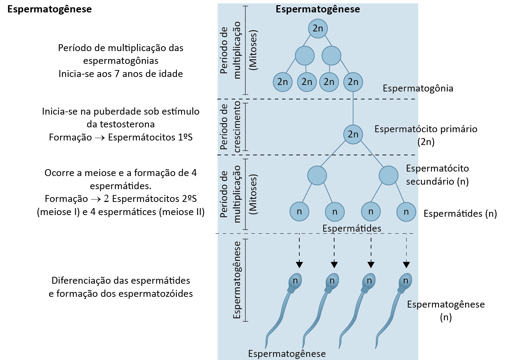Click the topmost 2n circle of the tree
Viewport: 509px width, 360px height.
318,28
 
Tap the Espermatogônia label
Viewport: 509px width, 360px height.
418,88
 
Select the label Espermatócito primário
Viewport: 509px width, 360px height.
426,129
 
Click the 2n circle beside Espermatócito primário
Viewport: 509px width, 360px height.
353,134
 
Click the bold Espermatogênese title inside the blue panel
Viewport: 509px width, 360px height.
318,9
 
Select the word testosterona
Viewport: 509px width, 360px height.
121,124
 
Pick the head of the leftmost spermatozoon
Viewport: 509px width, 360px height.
295,281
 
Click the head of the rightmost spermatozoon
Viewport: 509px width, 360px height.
406,281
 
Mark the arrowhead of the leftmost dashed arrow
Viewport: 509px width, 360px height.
299,265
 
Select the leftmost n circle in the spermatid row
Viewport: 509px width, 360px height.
299,212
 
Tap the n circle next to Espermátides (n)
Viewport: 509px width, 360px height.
406,212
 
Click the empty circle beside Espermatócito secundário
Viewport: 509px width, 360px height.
388,175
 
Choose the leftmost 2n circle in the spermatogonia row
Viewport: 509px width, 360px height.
282,82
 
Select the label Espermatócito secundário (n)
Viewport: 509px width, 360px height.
437,175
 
